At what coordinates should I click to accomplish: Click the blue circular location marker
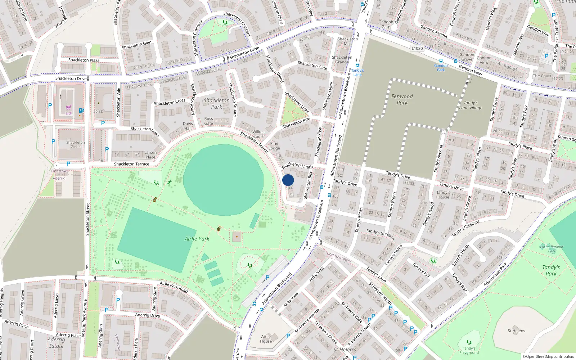288,180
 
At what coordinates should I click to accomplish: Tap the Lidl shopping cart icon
68,108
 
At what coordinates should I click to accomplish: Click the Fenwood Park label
402,99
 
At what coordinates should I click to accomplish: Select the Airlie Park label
197,239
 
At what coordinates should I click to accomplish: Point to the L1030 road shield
417,48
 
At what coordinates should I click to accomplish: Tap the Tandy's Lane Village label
471,105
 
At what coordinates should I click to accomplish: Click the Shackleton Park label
216,104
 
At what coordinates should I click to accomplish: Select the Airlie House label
266,339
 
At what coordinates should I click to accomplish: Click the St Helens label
516,331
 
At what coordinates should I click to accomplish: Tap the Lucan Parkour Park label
552,249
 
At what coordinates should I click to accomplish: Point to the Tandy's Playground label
469,350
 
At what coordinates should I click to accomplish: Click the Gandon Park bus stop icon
441,61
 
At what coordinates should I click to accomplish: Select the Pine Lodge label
274,146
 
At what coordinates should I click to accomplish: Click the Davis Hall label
188,126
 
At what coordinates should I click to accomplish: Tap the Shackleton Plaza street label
84,60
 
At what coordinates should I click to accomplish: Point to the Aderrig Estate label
56,343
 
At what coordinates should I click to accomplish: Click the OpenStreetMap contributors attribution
548,356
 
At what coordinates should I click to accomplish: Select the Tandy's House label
443,195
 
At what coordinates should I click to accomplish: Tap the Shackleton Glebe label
76,144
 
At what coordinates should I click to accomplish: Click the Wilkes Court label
258,134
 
